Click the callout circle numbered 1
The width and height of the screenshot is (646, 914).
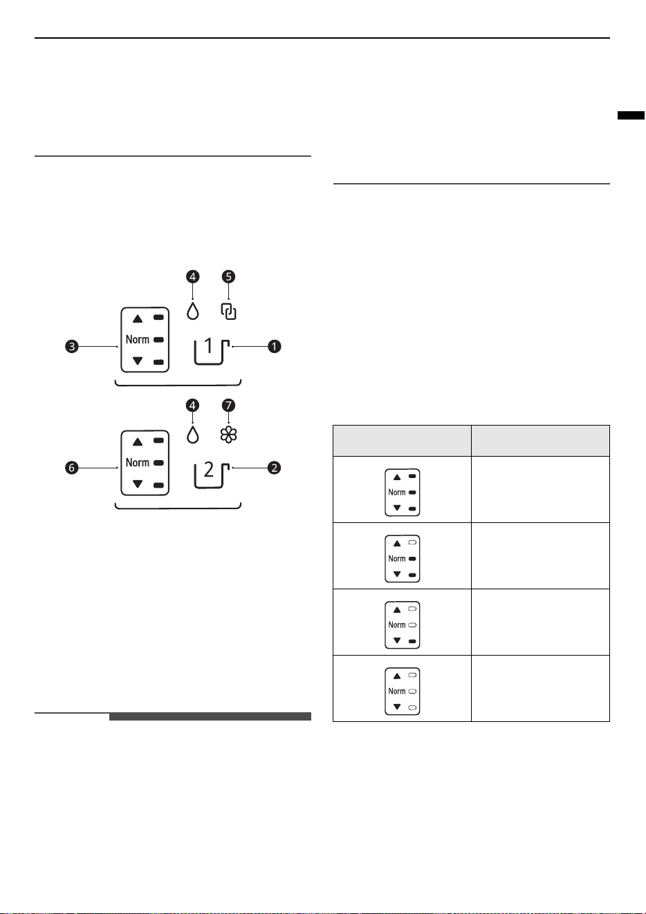(x=274, y=346)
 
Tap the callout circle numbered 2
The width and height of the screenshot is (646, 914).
(x=274, y=468)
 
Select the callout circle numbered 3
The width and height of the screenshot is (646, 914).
(x=72, y=346)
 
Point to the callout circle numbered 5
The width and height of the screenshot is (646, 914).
(x=228, y=276)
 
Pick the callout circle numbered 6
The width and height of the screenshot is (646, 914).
(x=72, y=468)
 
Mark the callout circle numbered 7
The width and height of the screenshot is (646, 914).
(x=228, y=405)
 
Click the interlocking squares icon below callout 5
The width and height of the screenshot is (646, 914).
(x=228, y=312)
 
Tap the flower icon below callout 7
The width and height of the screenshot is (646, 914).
(x=228, y=435)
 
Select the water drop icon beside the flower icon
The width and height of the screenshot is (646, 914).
(x=192, y=435)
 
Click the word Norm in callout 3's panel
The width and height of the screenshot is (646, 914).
(x=137, y=339)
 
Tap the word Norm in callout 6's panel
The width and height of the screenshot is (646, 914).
(x=137, y=463)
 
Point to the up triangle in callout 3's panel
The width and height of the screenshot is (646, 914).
(x=138, y=318)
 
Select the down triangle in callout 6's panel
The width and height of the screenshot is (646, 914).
(x=138, y=484)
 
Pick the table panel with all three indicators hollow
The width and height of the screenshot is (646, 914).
(x=403, y=692)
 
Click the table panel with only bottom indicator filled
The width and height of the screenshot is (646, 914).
(x=403, y=625)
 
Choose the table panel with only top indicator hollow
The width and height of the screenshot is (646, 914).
(x=403, y=559)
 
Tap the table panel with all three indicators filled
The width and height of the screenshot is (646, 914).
(x=403, y=493)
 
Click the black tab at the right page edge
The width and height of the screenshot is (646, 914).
(x=631, y=115)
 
